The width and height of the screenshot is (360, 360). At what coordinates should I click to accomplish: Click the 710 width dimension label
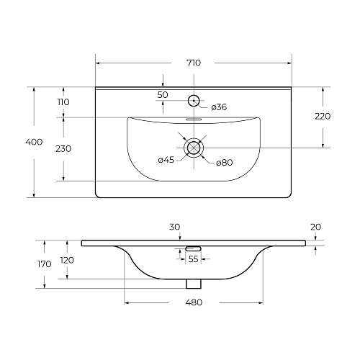(194, 63)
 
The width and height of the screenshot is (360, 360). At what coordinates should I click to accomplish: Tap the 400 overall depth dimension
(34, 142)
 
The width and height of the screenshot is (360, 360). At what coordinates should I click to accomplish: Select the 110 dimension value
(63, 102)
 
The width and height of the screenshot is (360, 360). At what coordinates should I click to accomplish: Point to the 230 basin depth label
(63, 149)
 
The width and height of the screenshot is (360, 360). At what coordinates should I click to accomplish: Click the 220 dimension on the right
(323, 116)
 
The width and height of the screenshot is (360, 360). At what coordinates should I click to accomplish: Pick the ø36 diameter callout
(219, 107)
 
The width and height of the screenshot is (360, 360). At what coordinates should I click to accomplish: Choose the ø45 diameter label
(166, 160)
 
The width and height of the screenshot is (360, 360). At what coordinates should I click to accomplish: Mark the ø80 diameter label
(225, 163)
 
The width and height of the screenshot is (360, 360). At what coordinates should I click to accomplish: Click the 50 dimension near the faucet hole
(163, 95)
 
